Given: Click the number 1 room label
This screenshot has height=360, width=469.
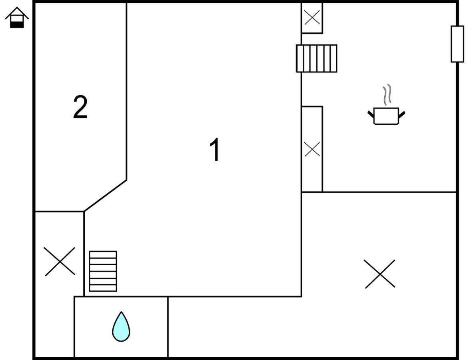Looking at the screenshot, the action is click(215, 149).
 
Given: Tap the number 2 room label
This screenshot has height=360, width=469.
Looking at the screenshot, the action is click(80, 107).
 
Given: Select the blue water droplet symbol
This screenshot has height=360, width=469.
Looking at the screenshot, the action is click(121, 326).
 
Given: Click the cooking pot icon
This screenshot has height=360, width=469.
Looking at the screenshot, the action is click(386, 116).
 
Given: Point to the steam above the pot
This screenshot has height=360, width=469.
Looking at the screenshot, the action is click(387, 94).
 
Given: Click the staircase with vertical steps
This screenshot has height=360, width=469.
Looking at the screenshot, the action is click(316, 58).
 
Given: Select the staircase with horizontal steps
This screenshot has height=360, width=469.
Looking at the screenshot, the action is click(103, 271).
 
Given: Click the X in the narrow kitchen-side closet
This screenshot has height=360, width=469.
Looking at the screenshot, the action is click(312, 149).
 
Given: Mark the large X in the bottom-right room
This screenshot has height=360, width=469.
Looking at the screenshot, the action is click(379, 274).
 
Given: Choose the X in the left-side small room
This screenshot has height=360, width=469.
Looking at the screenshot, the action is click(60, 261).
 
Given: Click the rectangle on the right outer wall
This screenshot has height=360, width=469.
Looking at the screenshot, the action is click(457, 44).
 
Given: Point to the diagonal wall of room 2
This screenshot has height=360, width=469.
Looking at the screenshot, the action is click(105, 196).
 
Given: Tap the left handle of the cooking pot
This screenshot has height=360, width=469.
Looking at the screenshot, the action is click(371, 114).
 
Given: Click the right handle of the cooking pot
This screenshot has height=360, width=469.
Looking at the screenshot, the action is click(402, 114).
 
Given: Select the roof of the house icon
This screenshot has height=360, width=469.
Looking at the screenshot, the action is click(17, 12).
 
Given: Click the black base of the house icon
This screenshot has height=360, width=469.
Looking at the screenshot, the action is click(17, 25).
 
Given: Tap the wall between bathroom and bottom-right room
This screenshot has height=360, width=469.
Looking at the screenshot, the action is click(168, 327).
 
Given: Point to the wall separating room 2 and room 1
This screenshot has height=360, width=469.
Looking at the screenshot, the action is click(126, 91).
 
